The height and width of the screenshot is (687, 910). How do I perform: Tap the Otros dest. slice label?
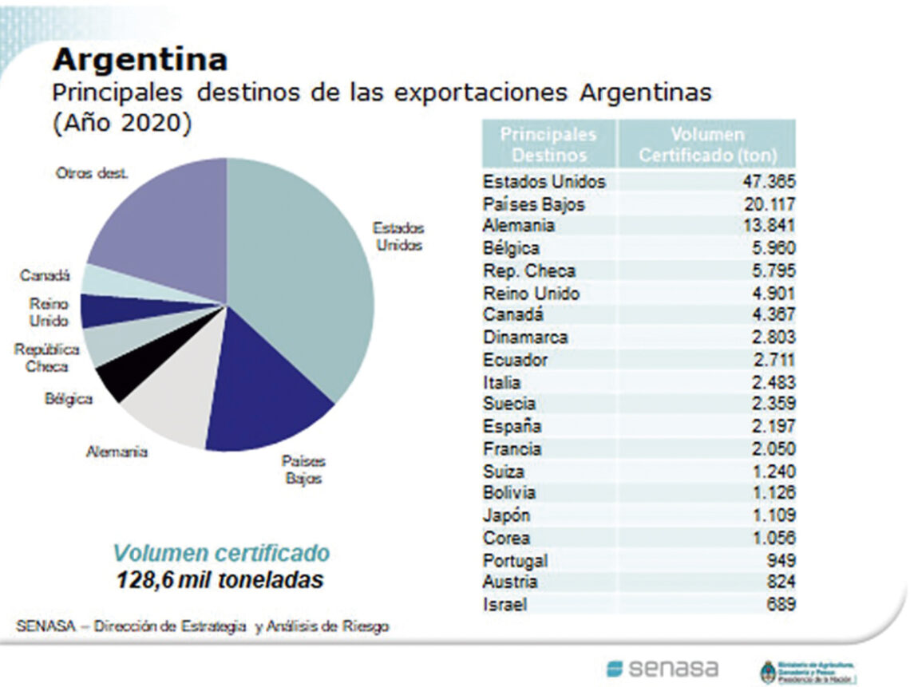[91, 173]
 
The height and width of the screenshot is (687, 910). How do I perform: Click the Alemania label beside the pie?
[117, 452]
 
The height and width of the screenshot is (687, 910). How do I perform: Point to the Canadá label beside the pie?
[45, 276]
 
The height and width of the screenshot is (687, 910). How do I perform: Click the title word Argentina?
[140, 60]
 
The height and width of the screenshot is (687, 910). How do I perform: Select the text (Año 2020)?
[122, 125]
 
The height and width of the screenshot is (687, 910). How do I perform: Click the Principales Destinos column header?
[548, 144]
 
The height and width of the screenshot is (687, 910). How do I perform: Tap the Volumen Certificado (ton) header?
[707, 144]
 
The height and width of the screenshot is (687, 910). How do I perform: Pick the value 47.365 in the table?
[769, 182]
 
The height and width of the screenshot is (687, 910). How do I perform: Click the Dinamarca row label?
[524, 338]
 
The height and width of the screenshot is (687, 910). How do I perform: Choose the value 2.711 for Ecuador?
[773, 360]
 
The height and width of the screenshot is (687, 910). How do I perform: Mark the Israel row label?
[504, 605]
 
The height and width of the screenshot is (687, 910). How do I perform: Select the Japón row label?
[506, 515]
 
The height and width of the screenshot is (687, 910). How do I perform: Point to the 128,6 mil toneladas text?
[220, 579]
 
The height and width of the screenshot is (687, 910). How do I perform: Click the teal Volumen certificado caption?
[220, 553]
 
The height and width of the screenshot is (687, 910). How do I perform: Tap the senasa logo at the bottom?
[662, 668]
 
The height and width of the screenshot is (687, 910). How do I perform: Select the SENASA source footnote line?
[203, 626]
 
